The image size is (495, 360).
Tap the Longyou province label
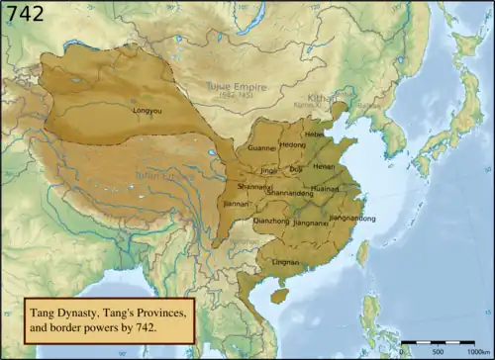click(x=148, y=110)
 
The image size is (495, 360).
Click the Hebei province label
click(x=315, y=134)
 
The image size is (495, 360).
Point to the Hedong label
click(x=294, y=145)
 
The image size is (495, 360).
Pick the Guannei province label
click(x=261, y=148)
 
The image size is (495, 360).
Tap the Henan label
click(x=325, y=167)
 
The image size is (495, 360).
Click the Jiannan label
click(x=237, y=206)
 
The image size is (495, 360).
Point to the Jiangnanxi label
click(x=310, y=224)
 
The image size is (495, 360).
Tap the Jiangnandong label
click(x=352, y=217)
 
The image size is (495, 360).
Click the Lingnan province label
click(x=285, y=262)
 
